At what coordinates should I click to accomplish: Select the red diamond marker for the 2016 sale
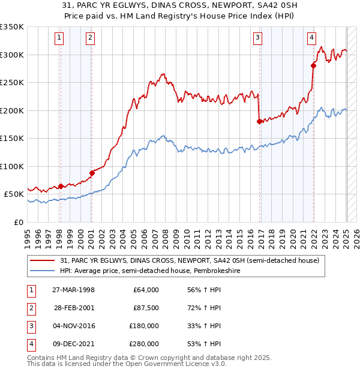click(259, 121)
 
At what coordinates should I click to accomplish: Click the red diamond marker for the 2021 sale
click(313, 65)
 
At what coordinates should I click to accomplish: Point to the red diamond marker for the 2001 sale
click(92, 173)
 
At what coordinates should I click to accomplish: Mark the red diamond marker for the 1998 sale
click(61, 186)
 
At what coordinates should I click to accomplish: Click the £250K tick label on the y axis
click(12, 83)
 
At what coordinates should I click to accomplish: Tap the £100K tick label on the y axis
click(12, 166)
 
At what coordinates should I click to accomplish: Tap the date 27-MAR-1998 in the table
click(73, 290)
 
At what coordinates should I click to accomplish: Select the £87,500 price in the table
click(146, 308)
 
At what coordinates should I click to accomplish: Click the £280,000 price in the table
click(145, 344)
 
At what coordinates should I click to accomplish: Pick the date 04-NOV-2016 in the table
click(73, 326)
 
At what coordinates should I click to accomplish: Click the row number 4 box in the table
click(31, 344)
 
